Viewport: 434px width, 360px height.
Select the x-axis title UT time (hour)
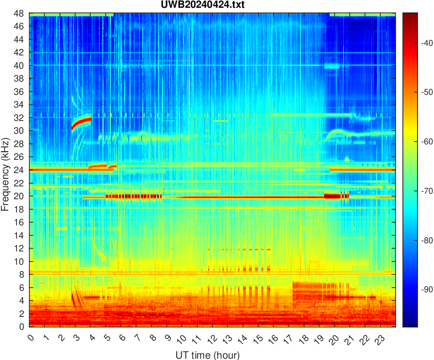point(207,355)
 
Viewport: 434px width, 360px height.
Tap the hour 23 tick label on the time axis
point(378,339)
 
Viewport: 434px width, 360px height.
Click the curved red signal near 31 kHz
point(81,122)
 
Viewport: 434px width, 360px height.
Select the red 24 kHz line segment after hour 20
point(362,169)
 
